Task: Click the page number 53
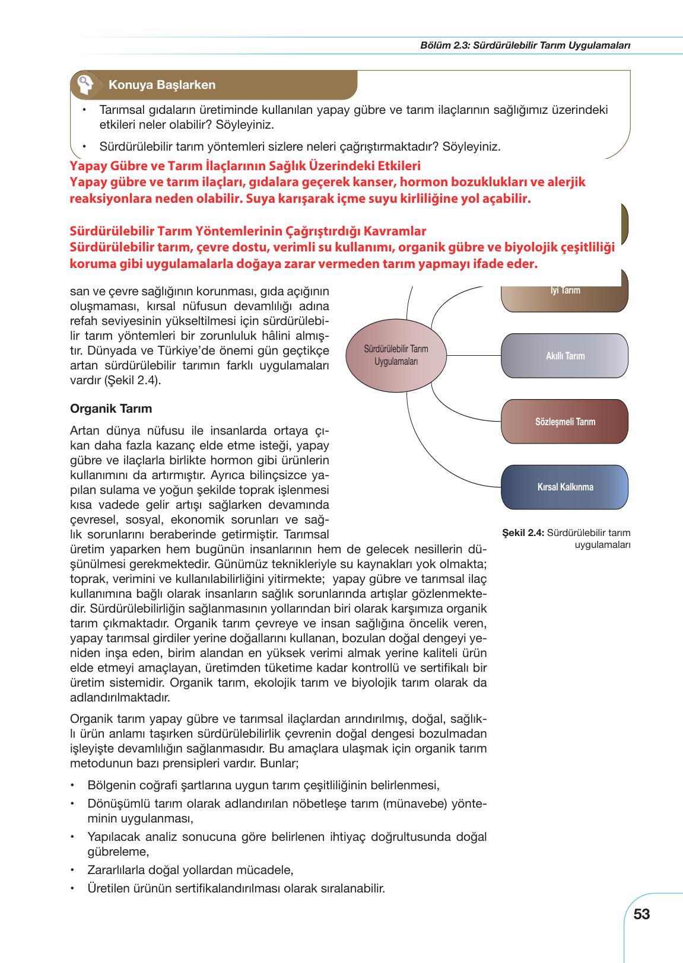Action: point(641,914)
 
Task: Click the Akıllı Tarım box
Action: point(564,356)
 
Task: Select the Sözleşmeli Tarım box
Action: point(564,422)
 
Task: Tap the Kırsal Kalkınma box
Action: point(564,487)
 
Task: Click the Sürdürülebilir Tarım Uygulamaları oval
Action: point(396,355)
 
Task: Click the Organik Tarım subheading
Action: point(111,409)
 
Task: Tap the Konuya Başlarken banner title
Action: point(161,85)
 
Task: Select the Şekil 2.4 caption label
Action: point(522,532)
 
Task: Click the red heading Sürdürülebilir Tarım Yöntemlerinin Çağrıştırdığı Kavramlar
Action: point(247,230)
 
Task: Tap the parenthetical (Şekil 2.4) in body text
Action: point(132,380)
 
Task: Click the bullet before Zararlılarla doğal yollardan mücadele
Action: point(72,870)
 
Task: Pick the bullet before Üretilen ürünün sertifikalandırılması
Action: point(72,889)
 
